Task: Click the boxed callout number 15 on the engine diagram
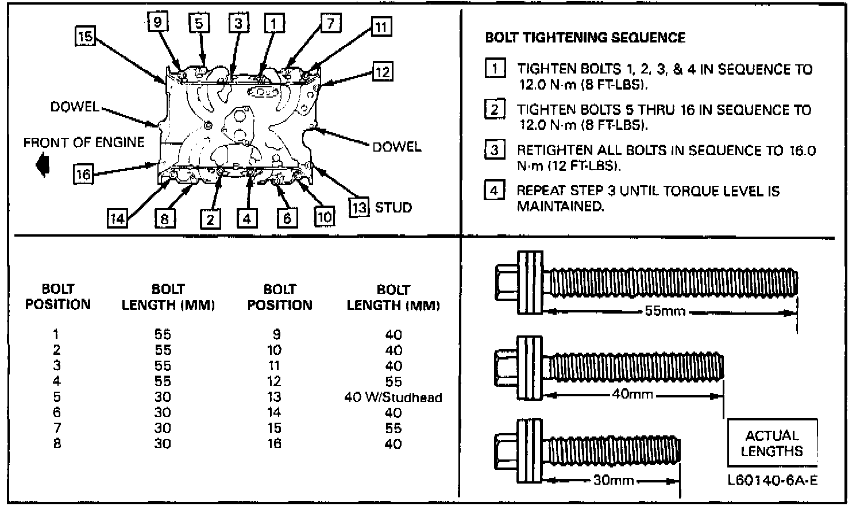(x=85, y=37)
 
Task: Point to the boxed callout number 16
(x=84, y=173)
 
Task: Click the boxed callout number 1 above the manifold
(x=274, y=24)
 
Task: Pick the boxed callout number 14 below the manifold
(x=117, y=218)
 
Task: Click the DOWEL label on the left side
(x=74, y=107)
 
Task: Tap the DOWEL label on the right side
(x=396, y=146)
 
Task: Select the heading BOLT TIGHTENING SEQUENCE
(x=585, y=38)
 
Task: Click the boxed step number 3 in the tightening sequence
(x=495, y=150)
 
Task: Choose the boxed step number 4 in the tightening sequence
(x=495, y=190)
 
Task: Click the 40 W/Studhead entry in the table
(x=393, y=397)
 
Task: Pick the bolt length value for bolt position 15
(x=393, y=428)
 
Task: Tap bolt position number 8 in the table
(x=56, y=443)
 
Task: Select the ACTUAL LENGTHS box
(x=772, y=443)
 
